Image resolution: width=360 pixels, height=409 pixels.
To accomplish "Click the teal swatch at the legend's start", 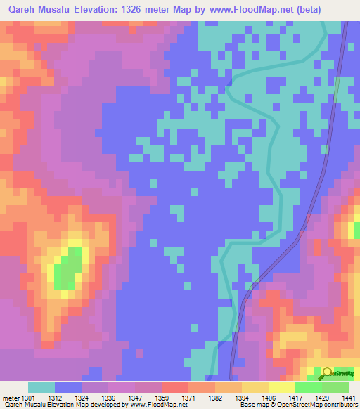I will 41,387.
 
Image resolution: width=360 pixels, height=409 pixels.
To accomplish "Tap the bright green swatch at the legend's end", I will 335,387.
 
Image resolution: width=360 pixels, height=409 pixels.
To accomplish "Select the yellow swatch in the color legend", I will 281,387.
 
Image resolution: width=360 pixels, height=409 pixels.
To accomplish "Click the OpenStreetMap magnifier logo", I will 328,373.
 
